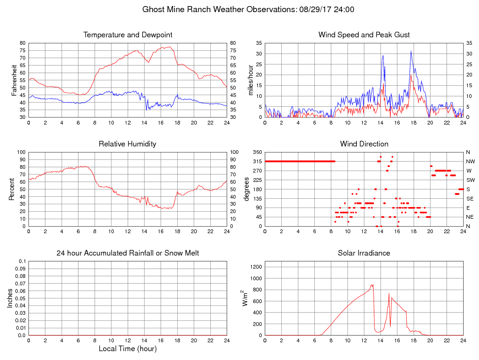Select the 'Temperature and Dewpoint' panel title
coord(128,35)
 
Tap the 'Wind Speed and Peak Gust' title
coord(364,35)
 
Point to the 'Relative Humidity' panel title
coord(128,144)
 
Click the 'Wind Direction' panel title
coord(364,144)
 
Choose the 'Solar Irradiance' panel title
coord(364,253)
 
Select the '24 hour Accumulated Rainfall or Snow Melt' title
coord(128,253)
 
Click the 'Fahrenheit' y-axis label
coord(14,80)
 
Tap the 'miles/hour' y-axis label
coord(250,80)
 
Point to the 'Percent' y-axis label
coord(11,189)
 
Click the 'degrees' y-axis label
coord(247,189)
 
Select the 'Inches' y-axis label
coord(10,298)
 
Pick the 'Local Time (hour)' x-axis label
coord(128,349)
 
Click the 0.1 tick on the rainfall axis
coord(21,262)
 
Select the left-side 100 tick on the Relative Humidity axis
coord(21,152)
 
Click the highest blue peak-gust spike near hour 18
coord(411,51)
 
